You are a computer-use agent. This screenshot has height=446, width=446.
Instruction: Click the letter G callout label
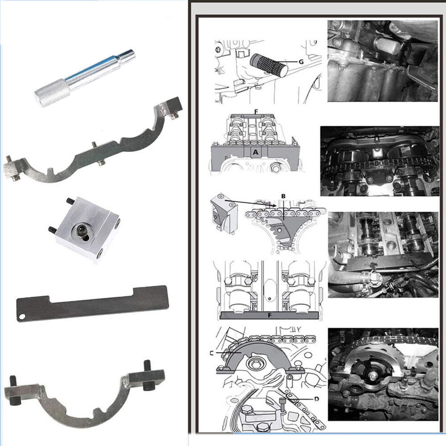(301, 62)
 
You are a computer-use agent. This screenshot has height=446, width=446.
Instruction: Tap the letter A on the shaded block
(256, 153)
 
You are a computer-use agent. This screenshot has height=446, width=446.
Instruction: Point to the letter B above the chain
(283, 196)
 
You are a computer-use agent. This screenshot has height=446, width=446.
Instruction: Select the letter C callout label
(211, 353)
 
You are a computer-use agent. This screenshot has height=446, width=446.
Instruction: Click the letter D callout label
(317, 399)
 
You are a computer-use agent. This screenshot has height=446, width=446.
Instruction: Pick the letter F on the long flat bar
(270, 315)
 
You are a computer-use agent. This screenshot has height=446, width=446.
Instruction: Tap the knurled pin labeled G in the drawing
(269, 64)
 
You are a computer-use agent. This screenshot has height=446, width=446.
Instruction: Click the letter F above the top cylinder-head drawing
(256, 111)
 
